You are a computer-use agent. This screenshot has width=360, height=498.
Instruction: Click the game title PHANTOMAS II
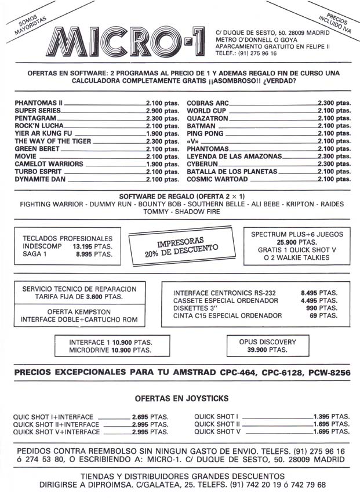[x=38, y=103]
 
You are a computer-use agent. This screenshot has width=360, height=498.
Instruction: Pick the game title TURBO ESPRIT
[x=38, y=172]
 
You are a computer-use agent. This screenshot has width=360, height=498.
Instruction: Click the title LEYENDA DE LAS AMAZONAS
[x=234, y=157]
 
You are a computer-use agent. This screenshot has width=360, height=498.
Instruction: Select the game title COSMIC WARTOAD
[x=218, y=180]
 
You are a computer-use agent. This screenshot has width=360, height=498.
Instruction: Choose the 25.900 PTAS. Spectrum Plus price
[x=296, y=242]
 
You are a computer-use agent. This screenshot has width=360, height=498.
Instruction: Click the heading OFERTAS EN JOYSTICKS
[x=181, y=398]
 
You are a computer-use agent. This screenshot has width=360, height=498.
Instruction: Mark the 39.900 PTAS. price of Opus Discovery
[x=267, y=350]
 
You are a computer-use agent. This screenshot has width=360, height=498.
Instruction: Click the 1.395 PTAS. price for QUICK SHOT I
[x=331, y=416]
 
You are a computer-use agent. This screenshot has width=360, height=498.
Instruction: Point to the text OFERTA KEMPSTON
[x=79, y=311]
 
